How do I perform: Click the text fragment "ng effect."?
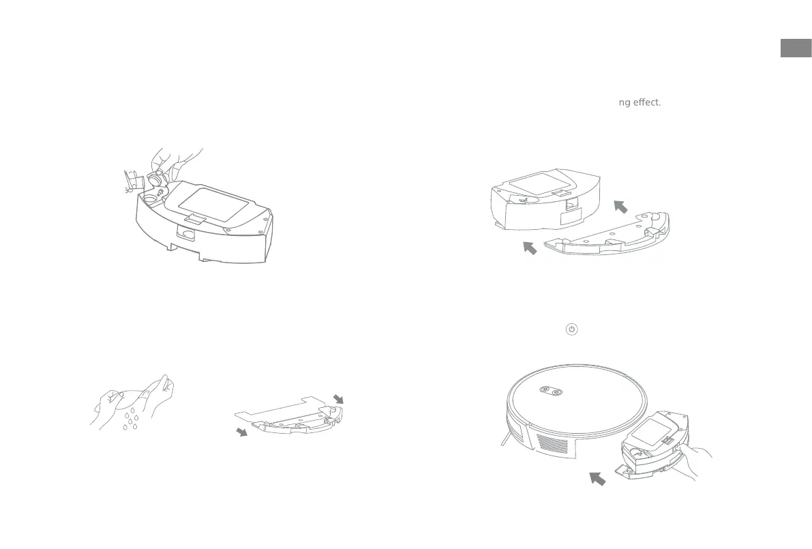(x=640, y=103)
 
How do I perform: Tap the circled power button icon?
(x=571, y=329)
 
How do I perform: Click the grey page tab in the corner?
(x=796, y=49)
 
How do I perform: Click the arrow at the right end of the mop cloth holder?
(x=339, y=397)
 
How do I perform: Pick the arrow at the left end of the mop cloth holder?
(x=241, y=432)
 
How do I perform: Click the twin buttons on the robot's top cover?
(x=550, y=391)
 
